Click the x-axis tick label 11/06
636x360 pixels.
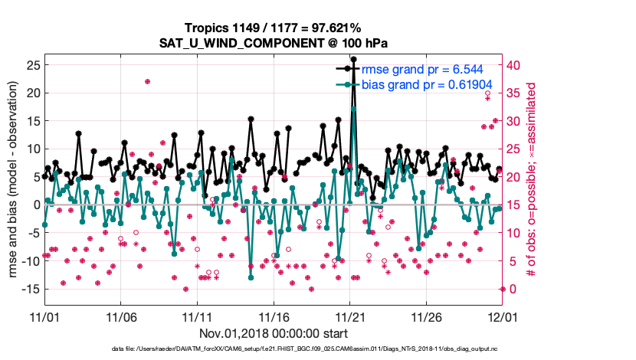(120, 316)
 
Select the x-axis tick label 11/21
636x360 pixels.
(350, 316)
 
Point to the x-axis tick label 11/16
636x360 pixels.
(274, 316)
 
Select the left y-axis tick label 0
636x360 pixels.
(35, 205)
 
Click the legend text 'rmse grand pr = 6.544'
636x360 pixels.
(425, 69)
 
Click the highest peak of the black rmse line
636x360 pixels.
(353, 59)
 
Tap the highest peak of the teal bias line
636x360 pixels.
(353, 109)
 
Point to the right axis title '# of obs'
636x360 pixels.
(530, 230)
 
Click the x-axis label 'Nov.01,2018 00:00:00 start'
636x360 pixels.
(274, 333)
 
